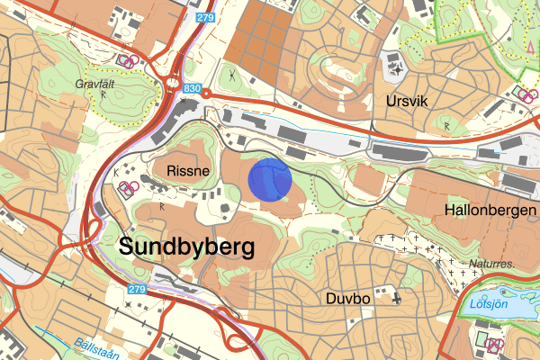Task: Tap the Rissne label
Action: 186,169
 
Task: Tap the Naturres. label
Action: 492,265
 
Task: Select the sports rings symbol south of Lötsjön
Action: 491,345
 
